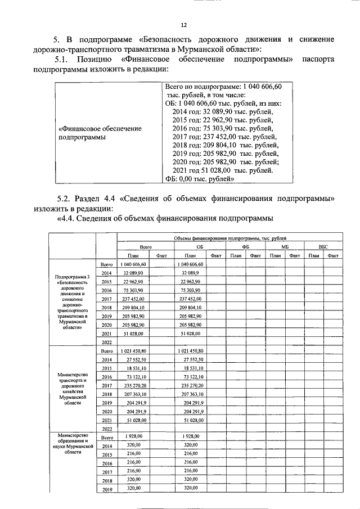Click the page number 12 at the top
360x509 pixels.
(183, 25)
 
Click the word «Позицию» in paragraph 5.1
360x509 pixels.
(89, 59)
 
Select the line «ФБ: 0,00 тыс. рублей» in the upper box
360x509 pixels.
(200, 179)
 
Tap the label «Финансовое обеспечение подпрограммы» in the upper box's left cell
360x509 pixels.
(100, 133)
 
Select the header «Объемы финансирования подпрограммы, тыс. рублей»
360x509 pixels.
(222, 238)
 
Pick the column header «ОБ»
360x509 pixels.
(199, 246)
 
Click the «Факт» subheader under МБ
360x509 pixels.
(293, 255)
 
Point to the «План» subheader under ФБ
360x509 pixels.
(235, 255)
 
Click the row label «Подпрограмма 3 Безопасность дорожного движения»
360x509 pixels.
(71, 302)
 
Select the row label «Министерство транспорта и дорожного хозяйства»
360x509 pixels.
(71, 388)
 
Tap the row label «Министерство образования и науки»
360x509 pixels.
(71, 443)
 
